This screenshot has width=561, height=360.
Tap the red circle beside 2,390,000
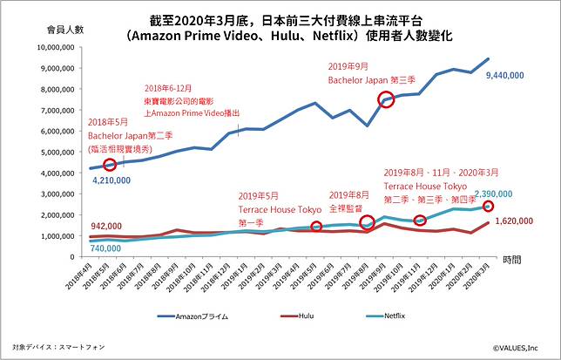[x=489, y=206]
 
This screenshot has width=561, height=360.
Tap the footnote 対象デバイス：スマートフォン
[x=59, y=346]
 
